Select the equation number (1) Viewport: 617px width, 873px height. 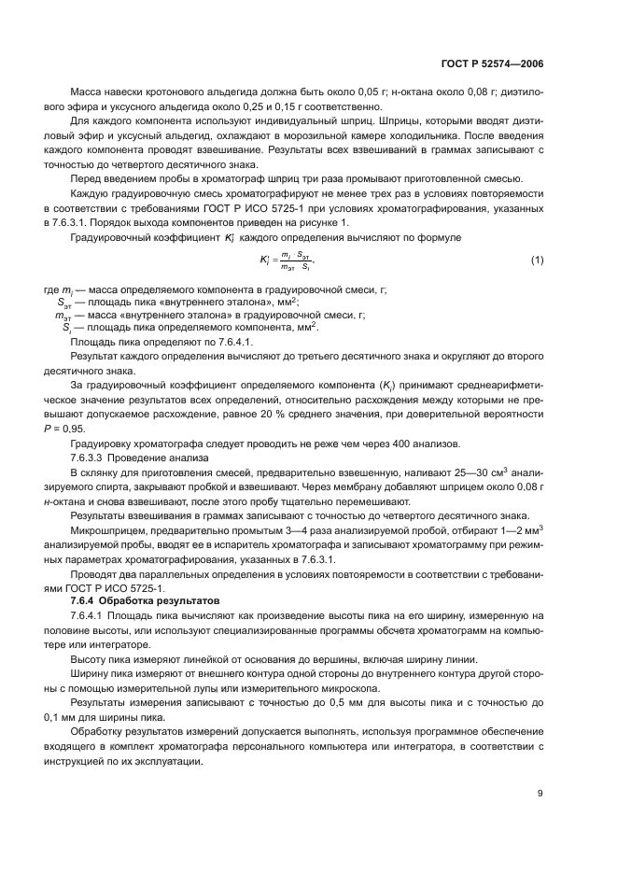coord(537,259)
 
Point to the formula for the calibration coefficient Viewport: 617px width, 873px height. coord(288,259)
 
